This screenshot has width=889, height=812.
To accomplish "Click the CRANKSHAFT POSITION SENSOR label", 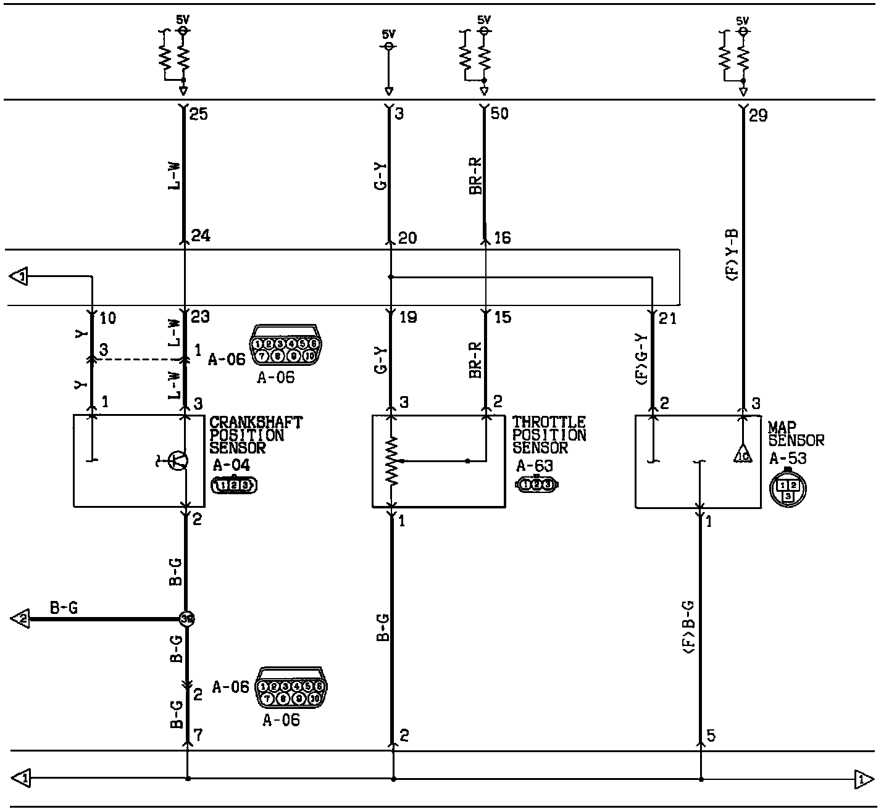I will click(x=256, y=435).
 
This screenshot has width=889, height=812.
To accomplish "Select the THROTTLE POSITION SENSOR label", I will click(x=549, y=435).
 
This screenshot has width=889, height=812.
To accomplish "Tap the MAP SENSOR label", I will click(x=796, y=434).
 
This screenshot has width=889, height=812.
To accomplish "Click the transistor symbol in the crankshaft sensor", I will click(x=179, y=460).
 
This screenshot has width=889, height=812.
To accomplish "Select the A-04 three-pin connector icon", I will click(x=234, y=486).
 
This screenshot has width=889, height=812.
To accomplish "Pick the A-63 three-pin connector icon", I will click(x=536, y=485).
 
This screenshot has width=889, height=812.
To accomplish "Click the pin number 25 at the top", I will click(x=199, y=114).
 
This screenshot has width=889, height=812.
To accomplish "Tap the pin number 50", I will click(x=499, y=114).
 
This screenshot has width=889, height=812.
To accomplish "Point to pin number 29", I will click(x=758, y=115).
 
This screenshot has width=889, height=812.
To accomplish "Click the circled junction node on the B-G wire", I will click(x=186, y=618).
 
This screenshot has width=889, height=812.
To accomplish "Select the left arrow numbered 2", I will click(x=20, y=618).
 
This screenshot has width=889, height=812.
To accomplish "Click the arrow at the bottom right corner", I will click(x=864, y=779).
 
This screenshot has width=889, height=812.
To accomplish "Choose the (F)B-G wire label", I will click(x=689, y=626).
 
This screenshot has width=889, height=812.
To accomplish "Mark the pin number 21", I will click(x=668, y=319).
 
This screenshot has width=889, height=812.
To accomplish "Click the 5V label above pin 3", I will click(x=388, y=34).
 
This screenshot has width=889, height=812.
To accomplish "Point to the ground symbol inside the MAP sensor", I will click(x=741, y=455).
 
